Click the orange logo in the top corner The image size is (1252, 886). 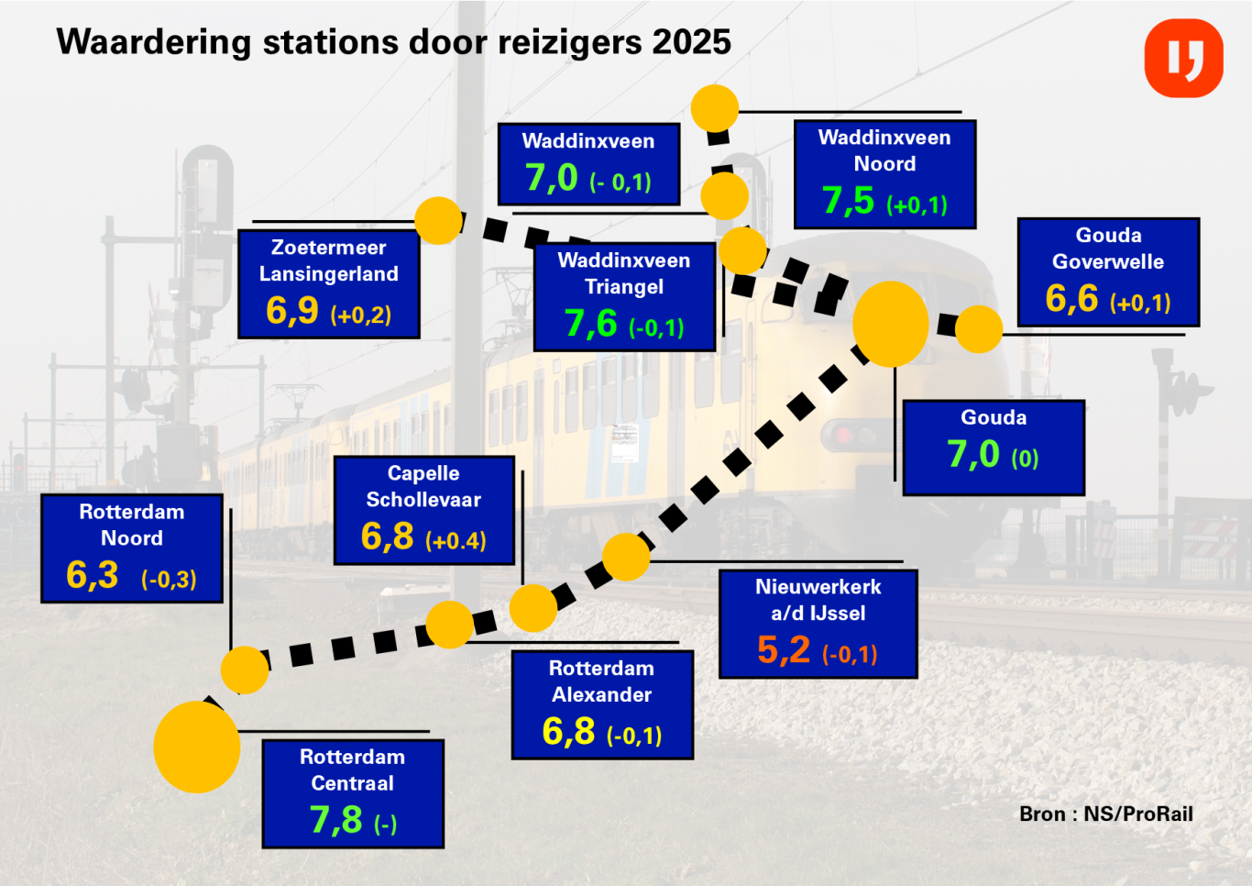tap(1183, 58)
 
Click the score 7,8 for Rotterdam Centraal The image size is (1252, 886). tap(335, 820)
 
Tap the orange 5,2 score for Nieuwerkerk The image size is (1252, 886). tap(784, 650)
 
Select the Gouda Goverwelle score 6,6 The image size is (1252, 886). tap(1071, 299)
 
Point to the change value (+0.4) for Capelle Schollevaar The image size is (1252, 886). tap(456, 541)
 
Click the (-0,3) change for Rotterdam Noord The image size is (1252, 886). tap(169, 580)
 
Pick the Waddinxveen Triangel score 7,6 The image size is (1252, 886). tap(590, 324)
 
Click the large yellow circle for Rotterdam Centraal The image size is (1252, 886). tap(197, 747)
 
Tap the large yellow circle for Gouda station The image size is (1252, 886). tap(891, 324)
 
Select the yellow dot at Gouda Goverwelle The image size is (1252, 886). tap(979, 329)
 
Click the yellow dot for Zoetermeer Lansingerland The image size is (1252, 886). tap(438, 220)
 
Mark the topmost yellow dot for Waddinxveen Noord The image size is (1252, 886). tap(715, 108)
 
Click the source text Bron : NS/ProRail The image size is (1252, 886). tap(1106, 814)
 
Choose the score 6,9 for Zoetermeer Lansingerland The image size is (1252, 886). tap(292, 311)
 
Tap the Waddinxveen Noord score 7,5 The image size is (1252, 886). tap(848, 201)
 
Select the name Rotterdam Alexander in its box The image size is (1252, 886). tap(601, 681)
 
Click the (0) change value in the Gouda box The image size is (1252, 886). tap(1025, 459)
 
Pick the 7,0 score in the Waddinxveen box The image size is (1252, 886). tap(551, 177)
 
